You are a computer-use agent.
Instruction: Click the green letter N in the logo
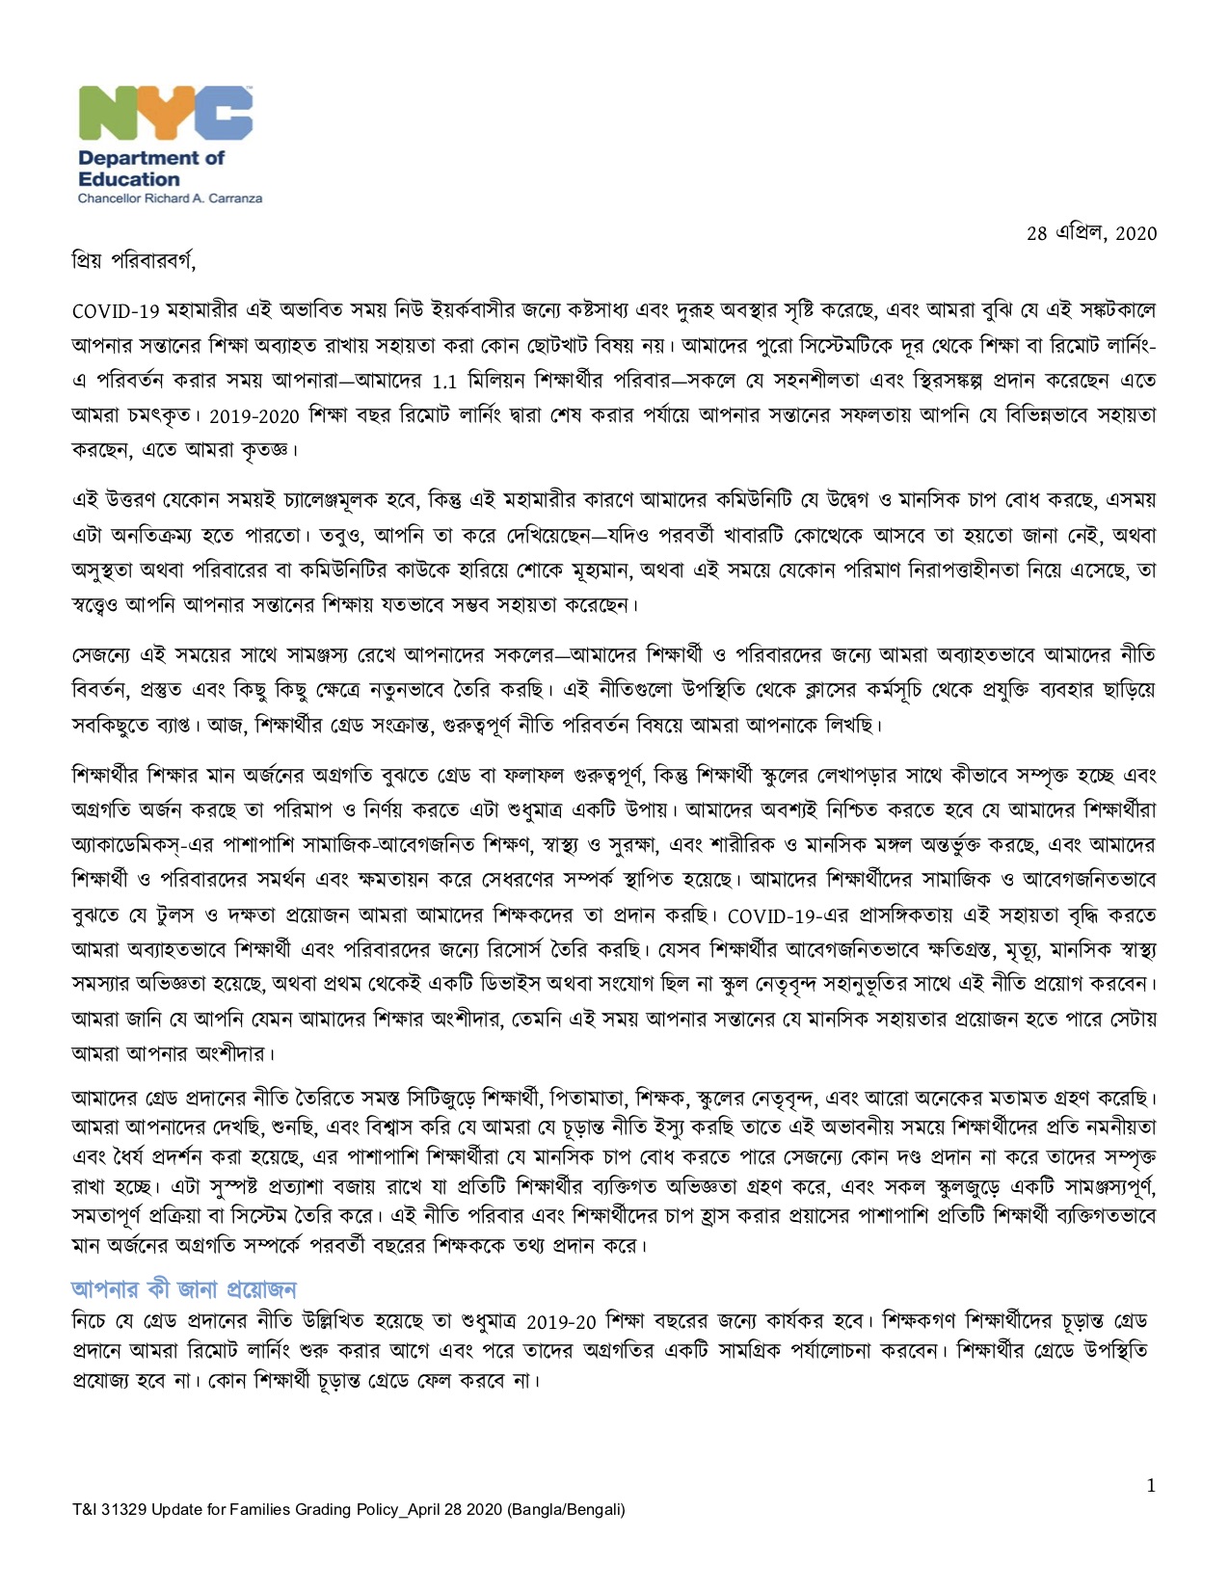point(107,115)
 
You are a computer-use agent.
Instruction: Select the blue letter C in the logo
point(226,115)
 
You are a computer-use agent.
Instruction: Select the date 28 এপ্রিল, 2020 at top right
point(1091,234)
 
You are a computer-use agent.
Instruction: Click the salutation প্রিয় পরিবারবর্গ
point(134,260)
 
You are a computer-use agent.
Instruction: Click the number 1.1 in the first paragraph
point(444,381)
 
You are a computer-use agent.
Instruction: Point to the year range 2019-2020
point(254,416)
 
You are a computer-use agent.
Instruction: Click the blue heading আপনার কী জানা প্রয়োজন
point(184,1289)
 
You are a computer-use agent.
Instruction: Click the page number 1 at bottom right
point(1151,1485)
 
